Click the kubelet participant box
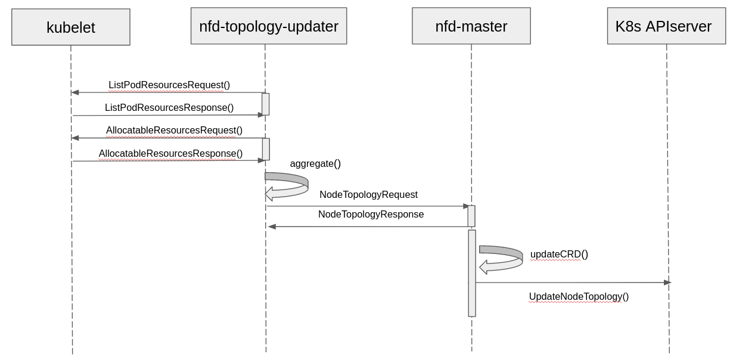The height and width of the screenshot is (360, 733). tap(71, 27)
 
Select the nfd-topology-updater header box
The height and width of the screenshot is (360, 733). tap(269, 26)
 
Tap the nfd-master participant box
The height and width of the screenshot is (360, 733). tap(471, 26)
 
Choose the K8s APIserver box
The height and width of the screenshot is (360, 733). tap(666, 26)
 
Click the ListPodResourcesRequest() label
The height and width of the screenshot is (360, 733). tap(169, 85)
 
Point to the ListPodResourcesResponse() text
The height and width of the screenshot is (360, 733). tap(169, 108)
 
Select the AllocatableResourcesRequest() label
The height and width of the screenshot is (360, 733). tap(174, 131)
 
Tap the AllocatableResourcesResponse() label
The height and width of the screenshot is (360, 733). tap(170, 154)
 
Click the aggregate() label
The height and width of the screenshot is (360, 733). tap(315, 164)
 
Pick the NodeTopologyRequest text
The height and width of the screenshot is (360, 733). tap(368, 194)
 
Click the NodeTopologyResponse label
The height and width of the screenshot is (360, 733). tap(371, 214)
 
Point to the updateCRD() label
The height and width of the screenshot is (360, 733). tap(559, 255)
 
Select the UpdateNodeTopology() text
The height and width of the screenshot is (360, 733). tap(579, 296)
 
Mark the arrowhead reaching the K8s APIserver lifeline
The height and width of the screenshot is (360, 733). tap(667, 283)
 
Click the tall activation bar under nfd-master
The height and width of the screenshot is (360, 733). tap(472, 273)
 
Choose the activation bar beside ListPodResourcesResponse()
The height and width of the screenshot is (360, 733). tap(265, 104)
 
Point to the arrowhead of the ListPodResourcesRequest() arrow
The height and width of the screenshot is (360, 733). tap(75, 92)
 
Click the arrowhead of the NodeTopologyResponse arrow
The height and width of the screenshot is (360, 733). tap(272, 226)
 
